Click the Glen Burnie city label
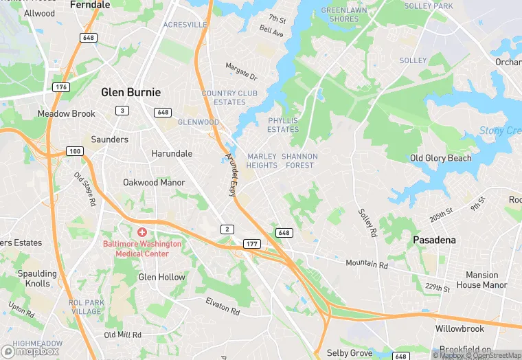130,92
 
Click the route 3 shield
122,111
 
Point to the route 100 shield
75,151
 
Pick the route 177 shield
252,245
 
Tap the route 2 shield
227,229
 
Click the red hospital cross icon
142,233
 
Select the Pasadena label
435,240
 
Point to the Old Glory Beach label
440,158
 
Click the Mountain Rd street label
367,263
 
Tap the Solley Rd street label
368,223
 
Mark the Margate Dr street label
241,71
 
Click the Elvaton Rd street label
223,306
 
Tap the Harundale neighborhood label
172,153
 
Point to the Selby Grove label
350,353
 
